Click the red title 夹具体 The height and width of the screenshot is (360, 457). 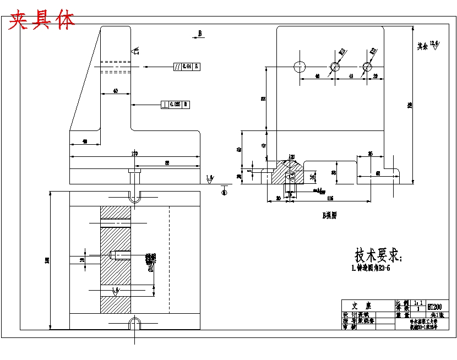42,20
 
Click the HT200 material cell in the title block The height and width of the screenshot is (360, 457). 434,306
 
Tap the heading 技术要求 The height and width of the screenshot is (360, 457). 379,255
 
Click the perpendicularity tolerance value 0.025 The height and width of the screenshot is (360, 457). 176,103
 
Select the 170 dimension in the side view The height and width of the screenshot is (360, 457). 134,153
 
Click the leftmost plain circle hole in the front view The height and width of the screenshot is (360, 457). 300,67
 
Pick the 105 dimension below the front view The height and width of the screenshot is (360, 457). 330,198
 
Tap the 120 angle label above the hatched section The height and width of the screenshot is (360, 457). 291,156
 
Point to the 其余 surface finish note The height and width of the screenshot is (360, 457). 422,46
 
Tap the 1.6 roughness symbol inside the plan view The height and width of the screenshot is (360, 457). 115,290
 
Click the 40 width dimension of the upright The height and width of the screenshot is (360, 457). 115,91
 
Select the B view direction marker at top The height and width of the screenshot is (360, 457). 199,34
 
